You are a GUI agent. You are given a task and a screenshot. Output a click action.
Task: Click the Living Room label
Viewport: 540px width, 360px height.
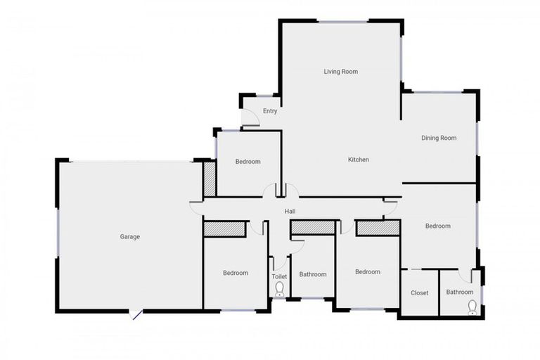[x=341, y=72]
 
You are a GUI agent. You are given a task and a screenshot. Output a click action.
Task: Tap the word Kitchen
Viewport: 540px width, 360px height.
[x=359, y=160]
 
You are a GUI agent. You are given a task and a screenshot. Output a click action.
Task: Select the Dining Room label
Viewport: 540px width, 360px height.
[x=439, y=138]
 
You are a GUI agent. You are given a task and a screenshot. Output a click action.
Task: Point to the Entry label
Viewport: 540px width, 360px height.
[x=270, y=111]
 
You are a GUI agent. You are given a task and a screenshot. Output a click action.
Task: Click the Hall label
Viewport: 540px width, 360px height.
[x=290, y=212]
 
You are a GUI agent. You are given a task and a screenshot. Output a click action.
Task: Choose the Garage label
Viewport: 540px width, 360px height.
[x=130, y=237]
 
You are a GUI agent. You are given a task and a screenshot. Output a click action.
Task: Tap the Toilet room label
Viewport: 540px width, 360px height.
[x=279, y=276]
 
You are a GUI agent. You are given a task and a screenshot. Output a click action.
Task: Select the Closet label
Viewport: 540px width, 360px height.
[x=420, y=292]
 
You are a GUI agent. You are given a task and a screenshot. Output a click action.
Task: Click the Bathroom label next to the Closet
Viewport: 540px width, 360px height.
[x=460, y=292]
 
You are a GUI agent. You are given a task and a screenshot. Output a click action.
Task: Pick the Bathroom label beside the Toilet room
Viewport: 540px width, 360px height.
[x=313, y=274]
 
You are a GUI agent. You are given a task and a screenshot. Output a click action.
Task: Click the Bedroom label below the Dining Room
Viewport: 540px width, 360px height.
[x=437, y=226]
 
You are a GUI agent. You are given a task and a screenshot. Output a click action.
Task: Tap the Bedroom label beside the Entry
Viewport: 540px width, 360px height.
[x=247, y=162]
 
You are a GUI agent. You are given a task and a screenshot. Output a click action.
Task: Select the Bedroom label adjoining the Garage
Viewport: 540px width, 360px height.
[x=236, y=273]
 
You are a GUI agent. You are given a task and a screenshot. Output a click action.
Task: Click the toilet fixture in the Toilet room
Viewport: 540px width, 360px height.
[x=279, y=289]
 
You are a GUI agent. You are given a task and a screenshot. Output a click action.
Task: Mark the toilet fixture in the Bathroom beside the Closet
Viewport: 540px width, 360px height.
[x=472, y=306]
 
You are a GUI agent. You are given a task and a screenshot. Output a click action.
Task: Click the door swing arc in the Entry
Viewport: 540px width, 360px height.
[x=251, y=120]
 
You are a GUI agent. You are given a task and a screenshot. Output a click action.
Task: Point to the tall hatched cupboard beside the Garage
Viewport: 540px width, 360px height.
[x=209, y=179]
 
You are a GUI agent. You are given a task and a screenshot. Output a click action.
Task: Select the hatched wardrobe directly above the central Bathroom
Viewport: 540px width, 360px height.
[x=313, y=227]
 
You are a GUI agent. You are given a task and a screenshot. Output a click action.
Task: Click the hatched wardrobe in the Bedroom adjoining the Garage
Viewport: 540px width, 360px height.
[x=225, y=229]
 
